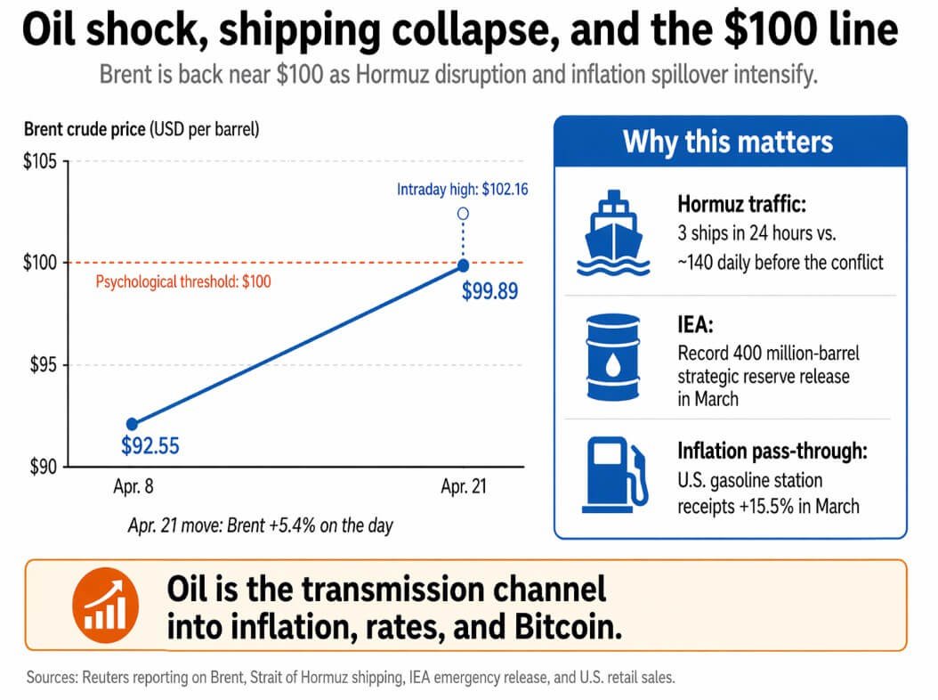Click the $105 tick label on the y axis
click(40, 162)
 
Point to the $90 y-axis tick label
click(40, 466)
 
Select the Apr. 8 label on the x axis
click(131, 488)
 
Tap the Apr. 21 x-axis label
click(464, 488)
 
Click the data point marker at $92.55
click(132, 424)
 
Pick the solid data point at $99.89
click(463, 265)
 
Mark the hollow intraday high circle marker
click(463, 214)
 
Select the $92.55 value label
click(150, 445)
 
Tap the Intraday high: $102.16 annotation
click(463, 189)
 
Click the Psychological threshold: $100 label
click(182, 281)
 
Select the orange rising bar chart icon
click(105, 601)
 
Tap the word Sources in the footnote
click(52, 678)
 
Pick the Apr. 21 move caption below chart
click(260, 525)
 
